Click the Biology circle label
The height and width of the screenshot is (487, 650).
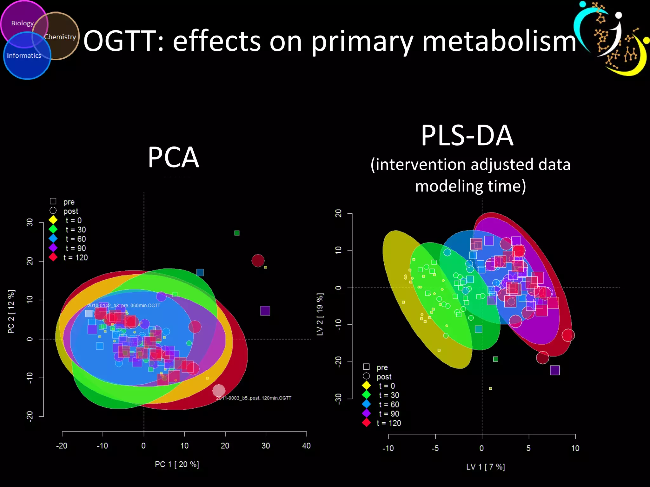click(x=22, y=23)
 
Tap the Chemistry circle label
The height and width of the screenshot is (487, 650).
click(x=60, y=37)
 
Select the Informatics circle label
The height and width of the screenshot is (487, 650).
click(x=24, y=55)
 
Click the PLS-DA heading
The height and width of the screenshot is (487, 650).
click(x=467, y=136)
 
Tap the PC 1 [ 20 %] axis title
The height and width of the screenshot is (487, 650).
click(x=177, y=464)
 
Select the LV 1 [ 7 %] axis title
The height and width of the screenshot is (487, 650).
click(x=485, y=467)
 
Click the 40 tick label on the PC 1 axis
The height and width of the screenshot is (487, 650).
click(x=306, y=446)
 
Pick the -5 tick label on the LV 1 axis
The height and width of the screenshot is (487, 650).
click(x=435, y=448)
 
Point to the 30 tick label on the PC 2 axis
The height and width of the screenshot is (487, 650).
click(x=30, y=222)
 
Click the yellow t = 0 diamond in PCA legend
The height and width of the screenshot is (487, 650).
click(x=53, y=220)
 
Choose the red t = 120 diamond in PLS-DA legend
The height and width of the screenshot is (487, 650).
click(x=366, y=423)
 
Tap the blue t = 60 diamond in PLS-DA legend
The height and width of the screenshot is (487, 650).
click(x=366, y=404)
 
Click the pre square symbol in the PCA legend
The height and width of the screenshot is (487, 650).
click(x=53, y=201)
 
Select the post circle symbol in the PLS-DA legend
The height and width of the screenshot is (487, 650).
click(x=366, y=376)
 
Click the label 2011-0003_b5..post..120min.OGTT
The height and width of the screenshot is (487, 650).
click(x=254, y=398)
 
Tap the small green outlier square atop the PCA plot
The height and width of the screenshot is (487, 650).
click(x=237, y=233)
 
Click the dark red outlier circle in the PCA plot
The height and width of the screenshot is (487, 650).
click(x=258, y=261)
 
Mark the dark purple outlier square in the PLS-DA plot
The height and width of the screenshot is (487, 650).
click(x=555, y=370)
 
